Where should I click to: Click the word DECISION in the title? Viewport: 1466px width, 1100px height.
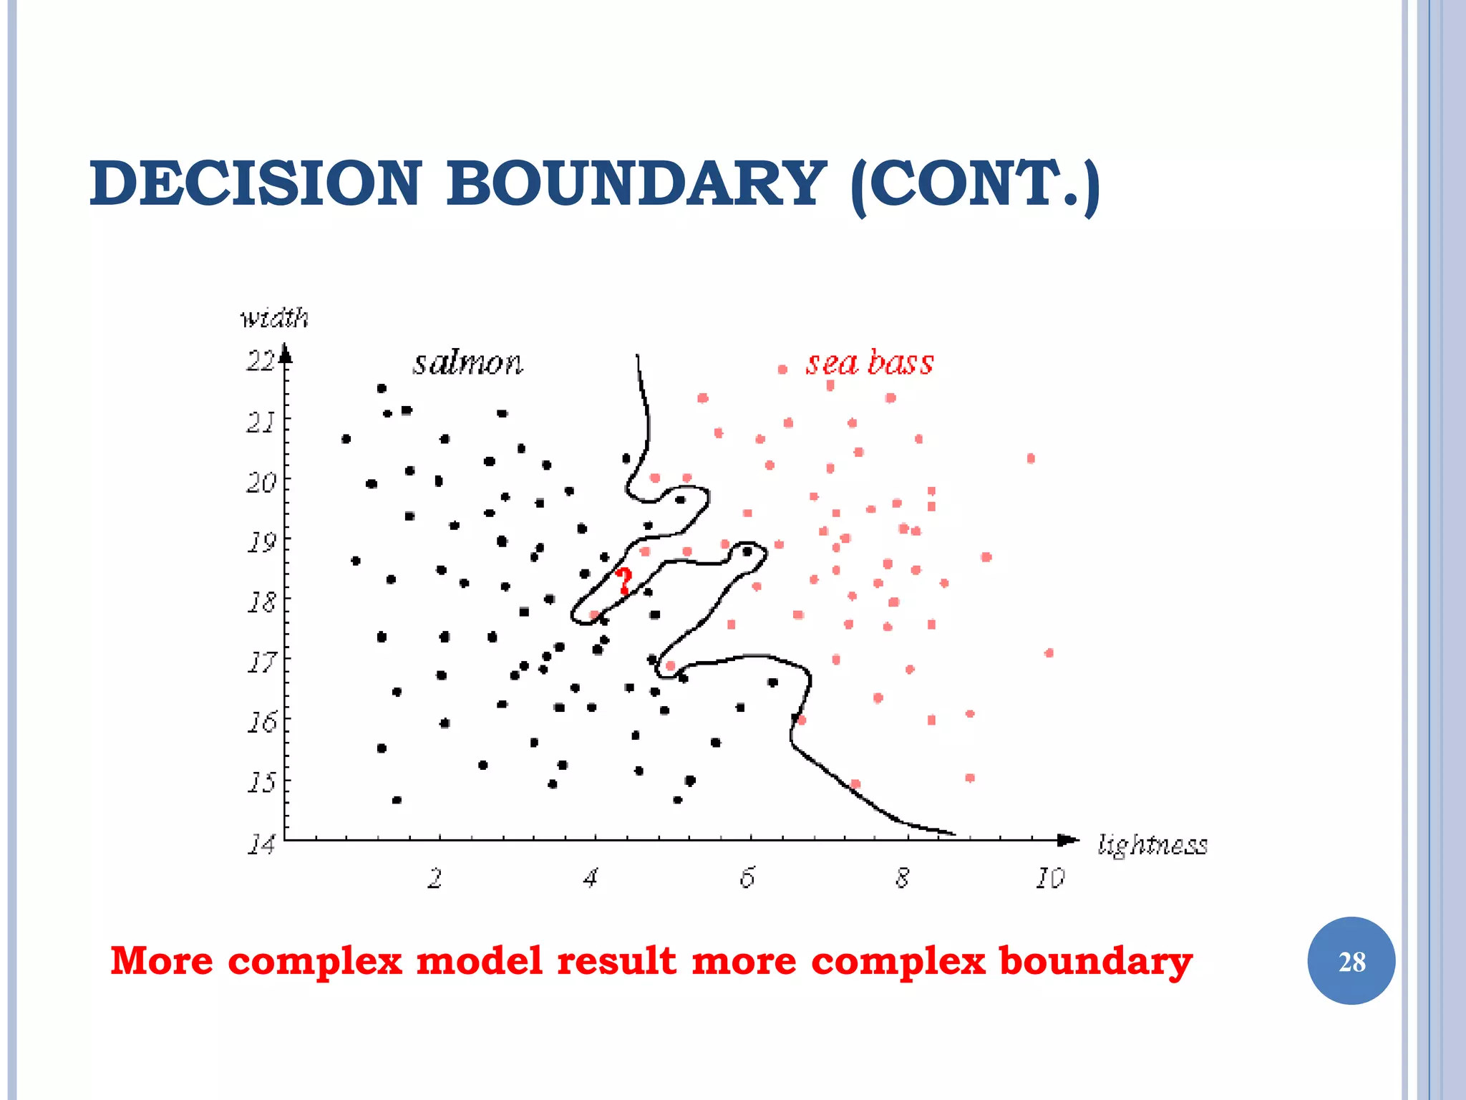pos(256,183)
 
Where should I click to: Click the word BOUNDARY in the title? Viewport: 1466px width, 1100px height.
pos(636,183)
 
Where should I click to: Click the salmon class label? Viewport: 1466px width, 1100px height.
pos(467,363)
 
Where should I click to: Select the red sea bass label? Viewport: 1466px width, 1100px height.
pos(870,362)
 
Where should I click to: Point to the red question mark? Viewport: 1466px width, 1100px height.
pos(624,581)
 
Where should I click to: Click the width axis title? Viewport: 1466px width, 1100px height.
pos(274,317)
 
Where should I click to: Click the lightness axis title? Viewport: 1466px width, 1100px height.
pos(1152,845)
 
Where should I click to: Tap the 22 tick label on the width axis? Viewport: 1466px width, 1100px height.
pos(260,360)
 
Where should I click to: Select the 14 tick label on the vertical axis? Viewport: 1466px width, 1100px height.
pos(261,845)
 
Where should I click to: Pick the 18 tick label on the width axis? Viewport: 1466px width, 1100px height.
pos(261,602)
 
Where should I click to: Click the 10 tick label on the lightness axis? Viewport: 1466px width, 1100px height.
pos(1049,878)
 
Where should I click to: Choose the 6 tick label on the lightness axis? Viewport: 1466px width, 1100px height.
pos(747,878)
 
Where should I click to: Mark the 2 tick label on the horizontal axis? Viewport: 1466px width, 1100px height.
pos(435,878)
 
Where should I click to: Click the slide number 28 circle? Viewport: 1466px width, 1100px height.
pos(1351,961)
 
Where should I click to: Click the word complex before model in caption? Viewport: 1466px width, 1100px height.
pos(315,961)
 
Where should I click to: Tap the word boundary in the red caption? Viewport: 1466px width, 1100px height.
pos(1094,961)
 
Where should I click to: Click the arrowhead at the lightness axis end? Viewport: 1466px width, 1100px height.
pos(1069,840)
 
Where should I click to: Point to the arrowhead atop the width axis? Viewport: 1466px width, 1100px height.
pos(285,353)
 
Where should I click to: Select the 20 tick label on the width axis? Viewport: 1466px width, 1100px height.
pos(261,483)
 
